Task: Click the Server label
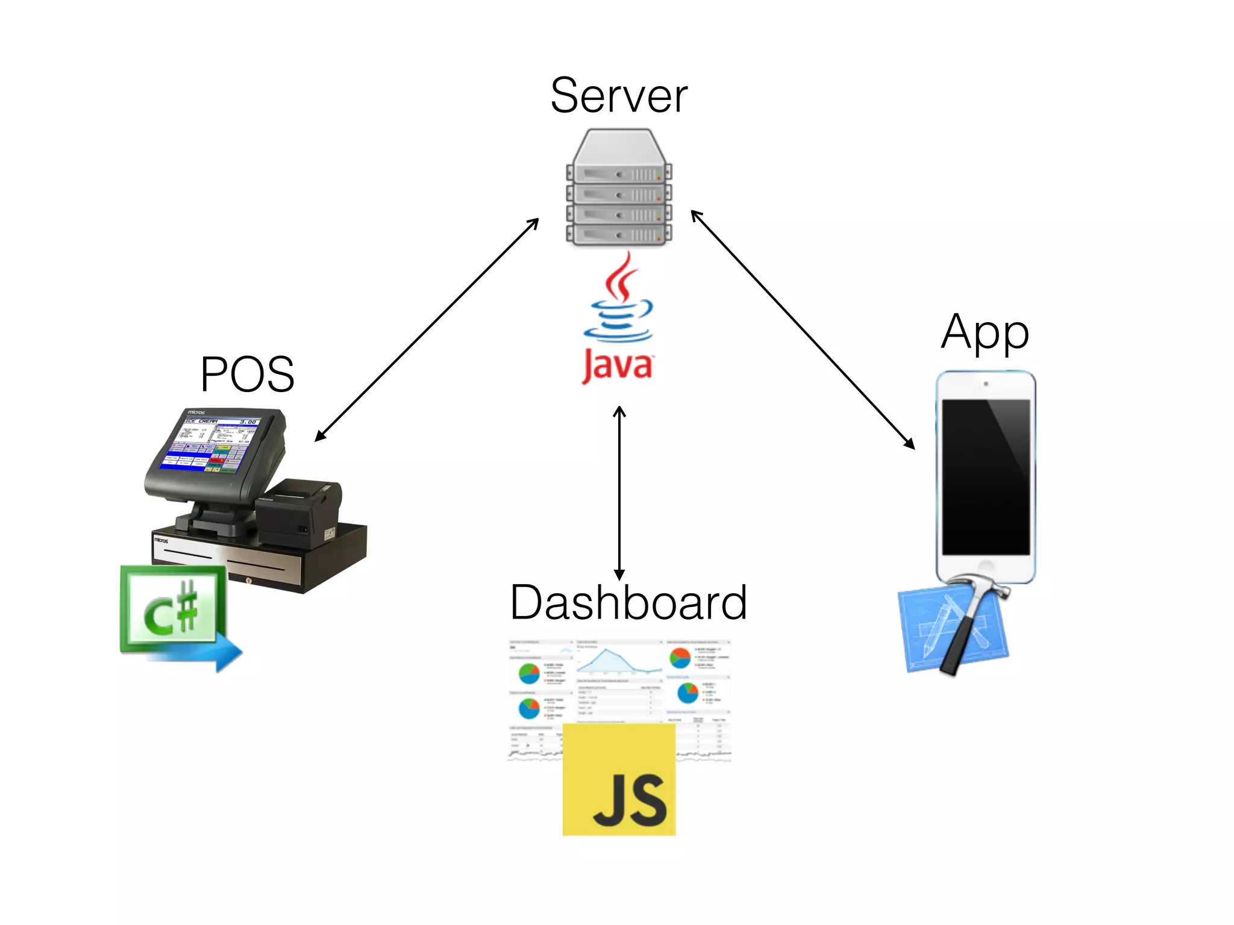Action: [619, 96]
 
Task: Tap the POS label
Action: [247, 375]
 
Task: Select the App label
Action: [985, 332]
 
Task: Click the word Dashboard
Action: [628, 603]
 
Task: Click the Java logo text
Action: [618, 366]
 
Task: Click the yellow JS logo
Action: [619, 780]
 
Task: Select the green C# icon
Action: [171, 609]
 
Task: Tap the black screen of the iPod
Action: [986, 476]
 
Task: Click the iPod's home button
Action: [986, 567]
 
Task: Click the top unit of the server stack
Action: [619, 174]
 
